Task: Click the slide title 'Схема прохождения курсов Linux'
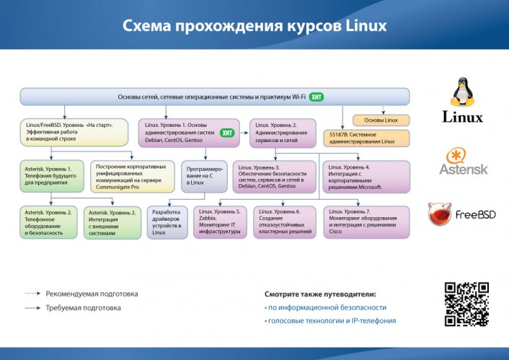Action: click(x=254, y=26)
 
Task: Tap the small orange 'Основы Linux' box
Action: click(x=381, y=120)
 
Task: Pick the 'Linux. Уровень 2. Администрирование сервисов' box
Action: click(x=283, y=133)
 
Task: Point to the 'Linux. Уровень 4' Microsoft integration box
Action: click(x=366, y=176)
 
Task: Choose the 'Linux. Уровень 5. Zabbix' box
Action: click(x=221, y=221)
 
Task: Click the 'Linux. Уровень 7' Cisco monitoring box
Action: click(x=366, y=221)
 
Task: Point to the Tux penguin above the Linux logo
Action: click(x=462, y=92)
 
